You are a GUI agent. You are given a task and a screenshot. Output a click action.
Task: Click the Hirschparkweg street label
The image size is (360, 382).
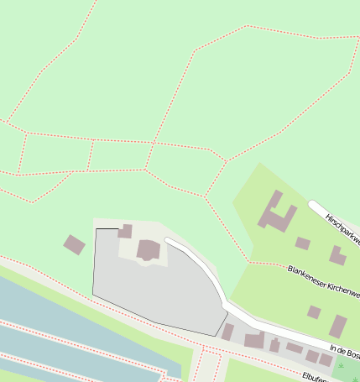342,226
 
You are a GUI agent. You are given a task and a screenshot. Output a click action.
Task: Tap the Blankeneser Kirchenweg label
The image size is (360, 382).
323,282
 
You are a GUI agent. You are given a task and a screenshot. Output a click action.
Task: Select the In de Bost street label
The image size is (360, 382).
344,352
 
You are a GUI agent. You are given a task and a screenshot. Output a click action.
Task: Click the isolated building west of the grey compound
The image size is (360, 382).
74,244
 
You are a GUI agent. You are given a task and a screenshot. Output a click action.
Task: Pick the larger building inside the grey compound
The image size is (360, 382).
149,250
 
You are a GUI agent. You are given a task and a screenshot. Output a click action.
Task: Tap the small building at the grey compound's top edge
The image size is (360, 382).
125,231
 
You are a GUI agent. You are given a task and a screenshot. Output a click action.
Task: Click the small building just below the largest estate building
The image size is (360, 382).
302,243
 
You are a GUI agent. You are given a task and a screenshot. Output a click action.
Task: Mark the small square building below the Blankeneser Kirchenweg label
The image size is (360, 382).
313,312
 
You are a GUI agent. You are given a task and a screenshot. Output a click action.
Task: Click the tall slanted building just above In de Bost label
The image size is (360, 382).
337,326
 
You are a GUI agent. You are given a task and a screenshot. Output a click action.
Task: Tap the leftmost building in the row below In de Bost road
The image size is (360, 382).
227,332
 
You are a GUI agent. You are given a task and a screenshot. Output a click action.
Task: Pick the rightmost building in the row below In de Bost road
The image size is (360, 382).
326,360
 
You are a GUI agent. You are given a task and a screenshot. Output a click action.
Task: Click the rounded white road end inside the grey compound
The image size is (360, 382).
170,242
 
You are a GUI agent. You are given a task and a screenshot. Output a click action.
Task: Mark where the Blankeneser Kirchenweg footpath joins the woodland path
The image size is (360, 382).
249,262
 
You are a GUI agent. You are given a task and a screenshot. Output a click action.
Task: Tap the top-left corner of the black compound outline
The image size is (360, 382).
96,228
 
